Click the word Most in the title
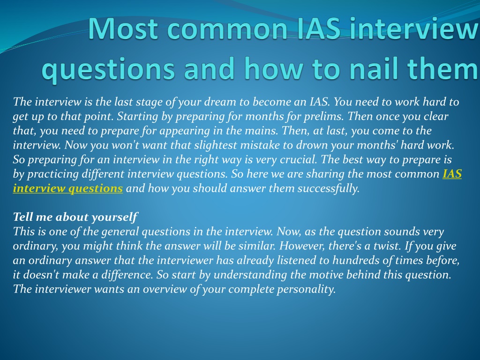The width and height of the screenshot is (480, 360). [124, 29]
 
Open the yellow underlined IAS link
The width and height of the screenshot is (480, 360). [452, 174]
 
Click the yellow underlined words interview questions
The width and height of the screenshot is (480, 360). [67, 188]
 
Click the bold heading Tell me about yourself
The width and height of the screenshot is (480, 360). [75, 217]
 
